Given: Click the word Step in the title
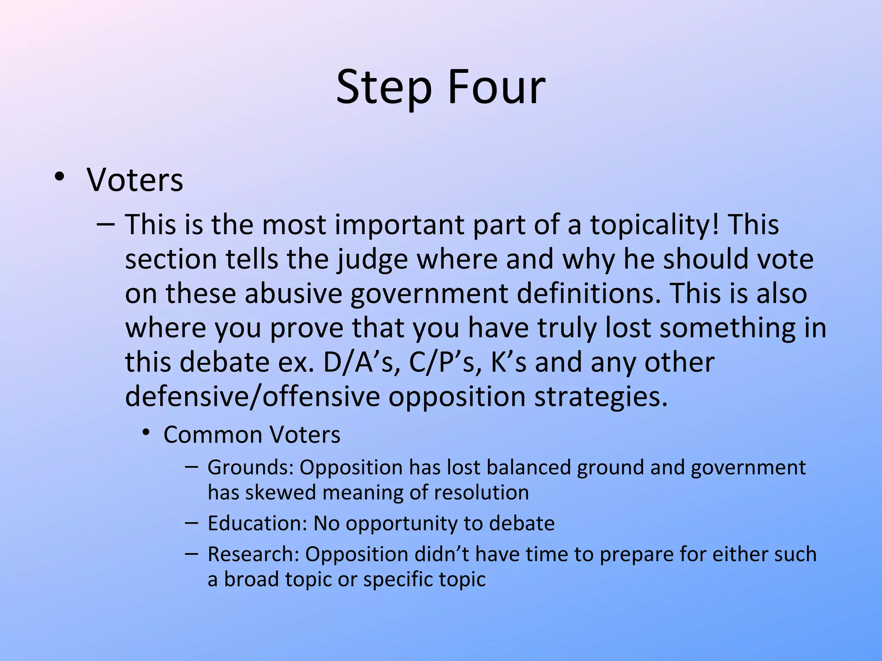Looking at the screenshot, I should click(x=384, y=88).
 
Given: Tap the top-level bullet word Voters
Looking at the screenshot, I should click(x=135, y=179).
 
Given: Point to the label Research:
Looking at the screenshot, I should click(x=253, y=554).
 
